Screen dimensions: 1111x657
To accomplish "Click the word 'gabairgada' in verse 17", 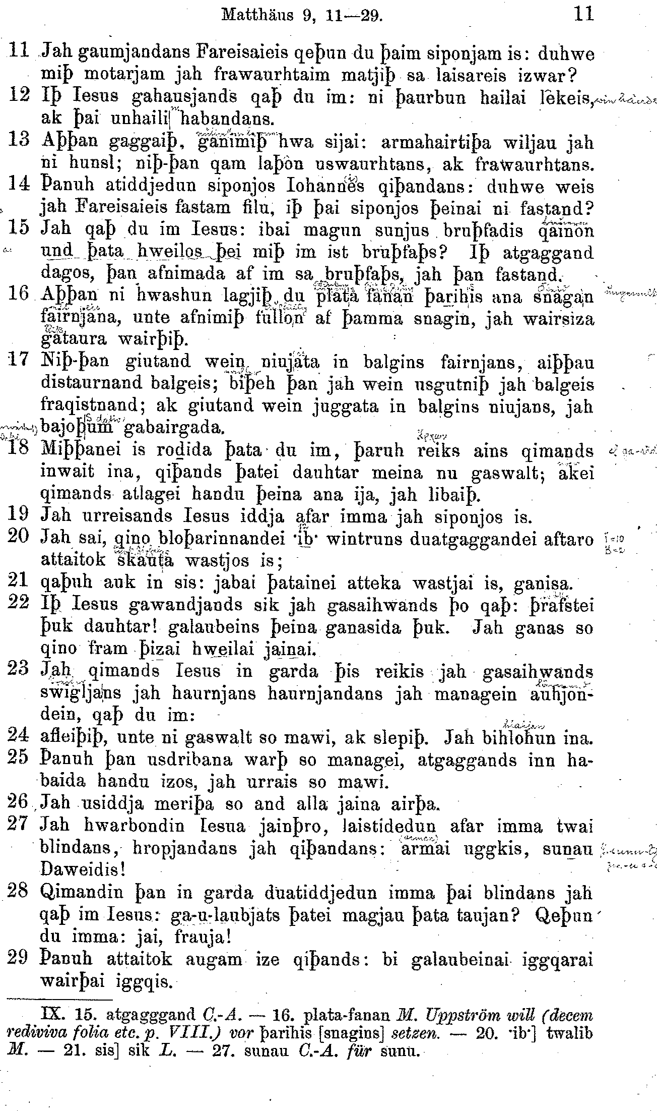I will tap(171, 429).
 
